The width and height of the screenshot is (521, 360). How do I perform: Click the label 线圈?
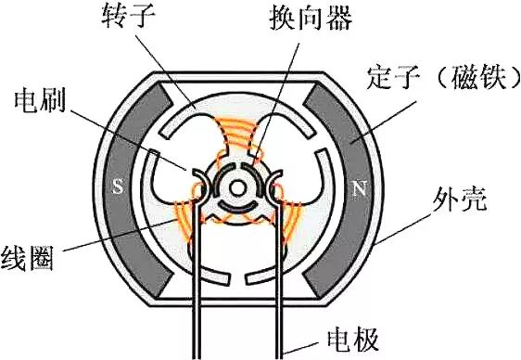click(28, 256)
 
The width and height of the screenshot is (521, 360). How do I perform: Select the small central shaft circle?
click(239, 186)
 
